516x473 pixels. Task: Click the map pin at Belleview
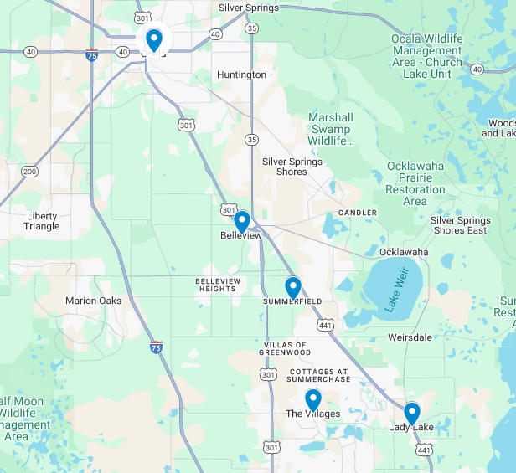tap(241, 222)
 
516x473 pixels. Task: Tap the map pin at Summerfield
tap(292, 288)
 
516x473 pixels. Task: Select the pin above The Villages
tap(312, 400)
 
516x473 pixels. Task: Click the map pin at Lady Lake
tap(411, 414)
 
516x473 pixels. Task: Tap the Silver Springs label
tap(248, 8)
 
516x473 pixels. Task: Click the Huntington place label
tap(241, 75)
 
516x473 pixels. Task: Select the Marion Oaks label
tap(93, 301)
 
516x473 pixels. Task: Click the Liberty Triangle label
tap(42, 221)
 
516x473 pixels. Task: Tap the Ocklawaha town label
tap(403, 252)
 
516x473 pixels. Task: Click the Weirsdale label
tap(410, 337)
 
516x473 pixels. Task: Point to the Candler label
tap(358, 213)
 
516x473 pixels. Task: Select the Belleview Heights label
tap(217, 284)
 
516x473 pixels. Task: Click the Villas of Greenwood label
tap(286, 348)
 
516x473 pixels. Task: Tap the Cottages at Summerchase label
tap(319, 375)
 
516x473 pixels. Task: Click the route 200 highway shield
tap(29, 172)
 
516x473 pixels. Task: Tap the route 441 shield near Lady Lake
tap(424, 450)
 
